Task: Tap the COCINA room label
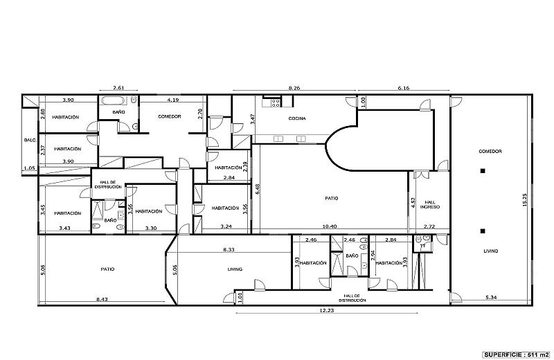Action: point(298,118)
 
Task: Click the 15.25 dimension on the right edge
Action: point(524,198)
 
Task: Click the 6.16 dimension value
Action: point(404,89)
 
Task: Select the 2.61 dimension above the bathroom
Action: point(118,89)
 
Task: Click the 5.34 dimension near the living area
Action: point(491,298)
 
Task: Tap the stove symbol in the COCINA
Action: point(275,102)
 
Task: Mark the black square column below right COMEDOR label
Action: point(483,170)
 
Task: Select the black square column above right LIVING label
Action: point(483,231)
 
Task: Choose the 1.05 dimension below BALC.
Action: point(28,168)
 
